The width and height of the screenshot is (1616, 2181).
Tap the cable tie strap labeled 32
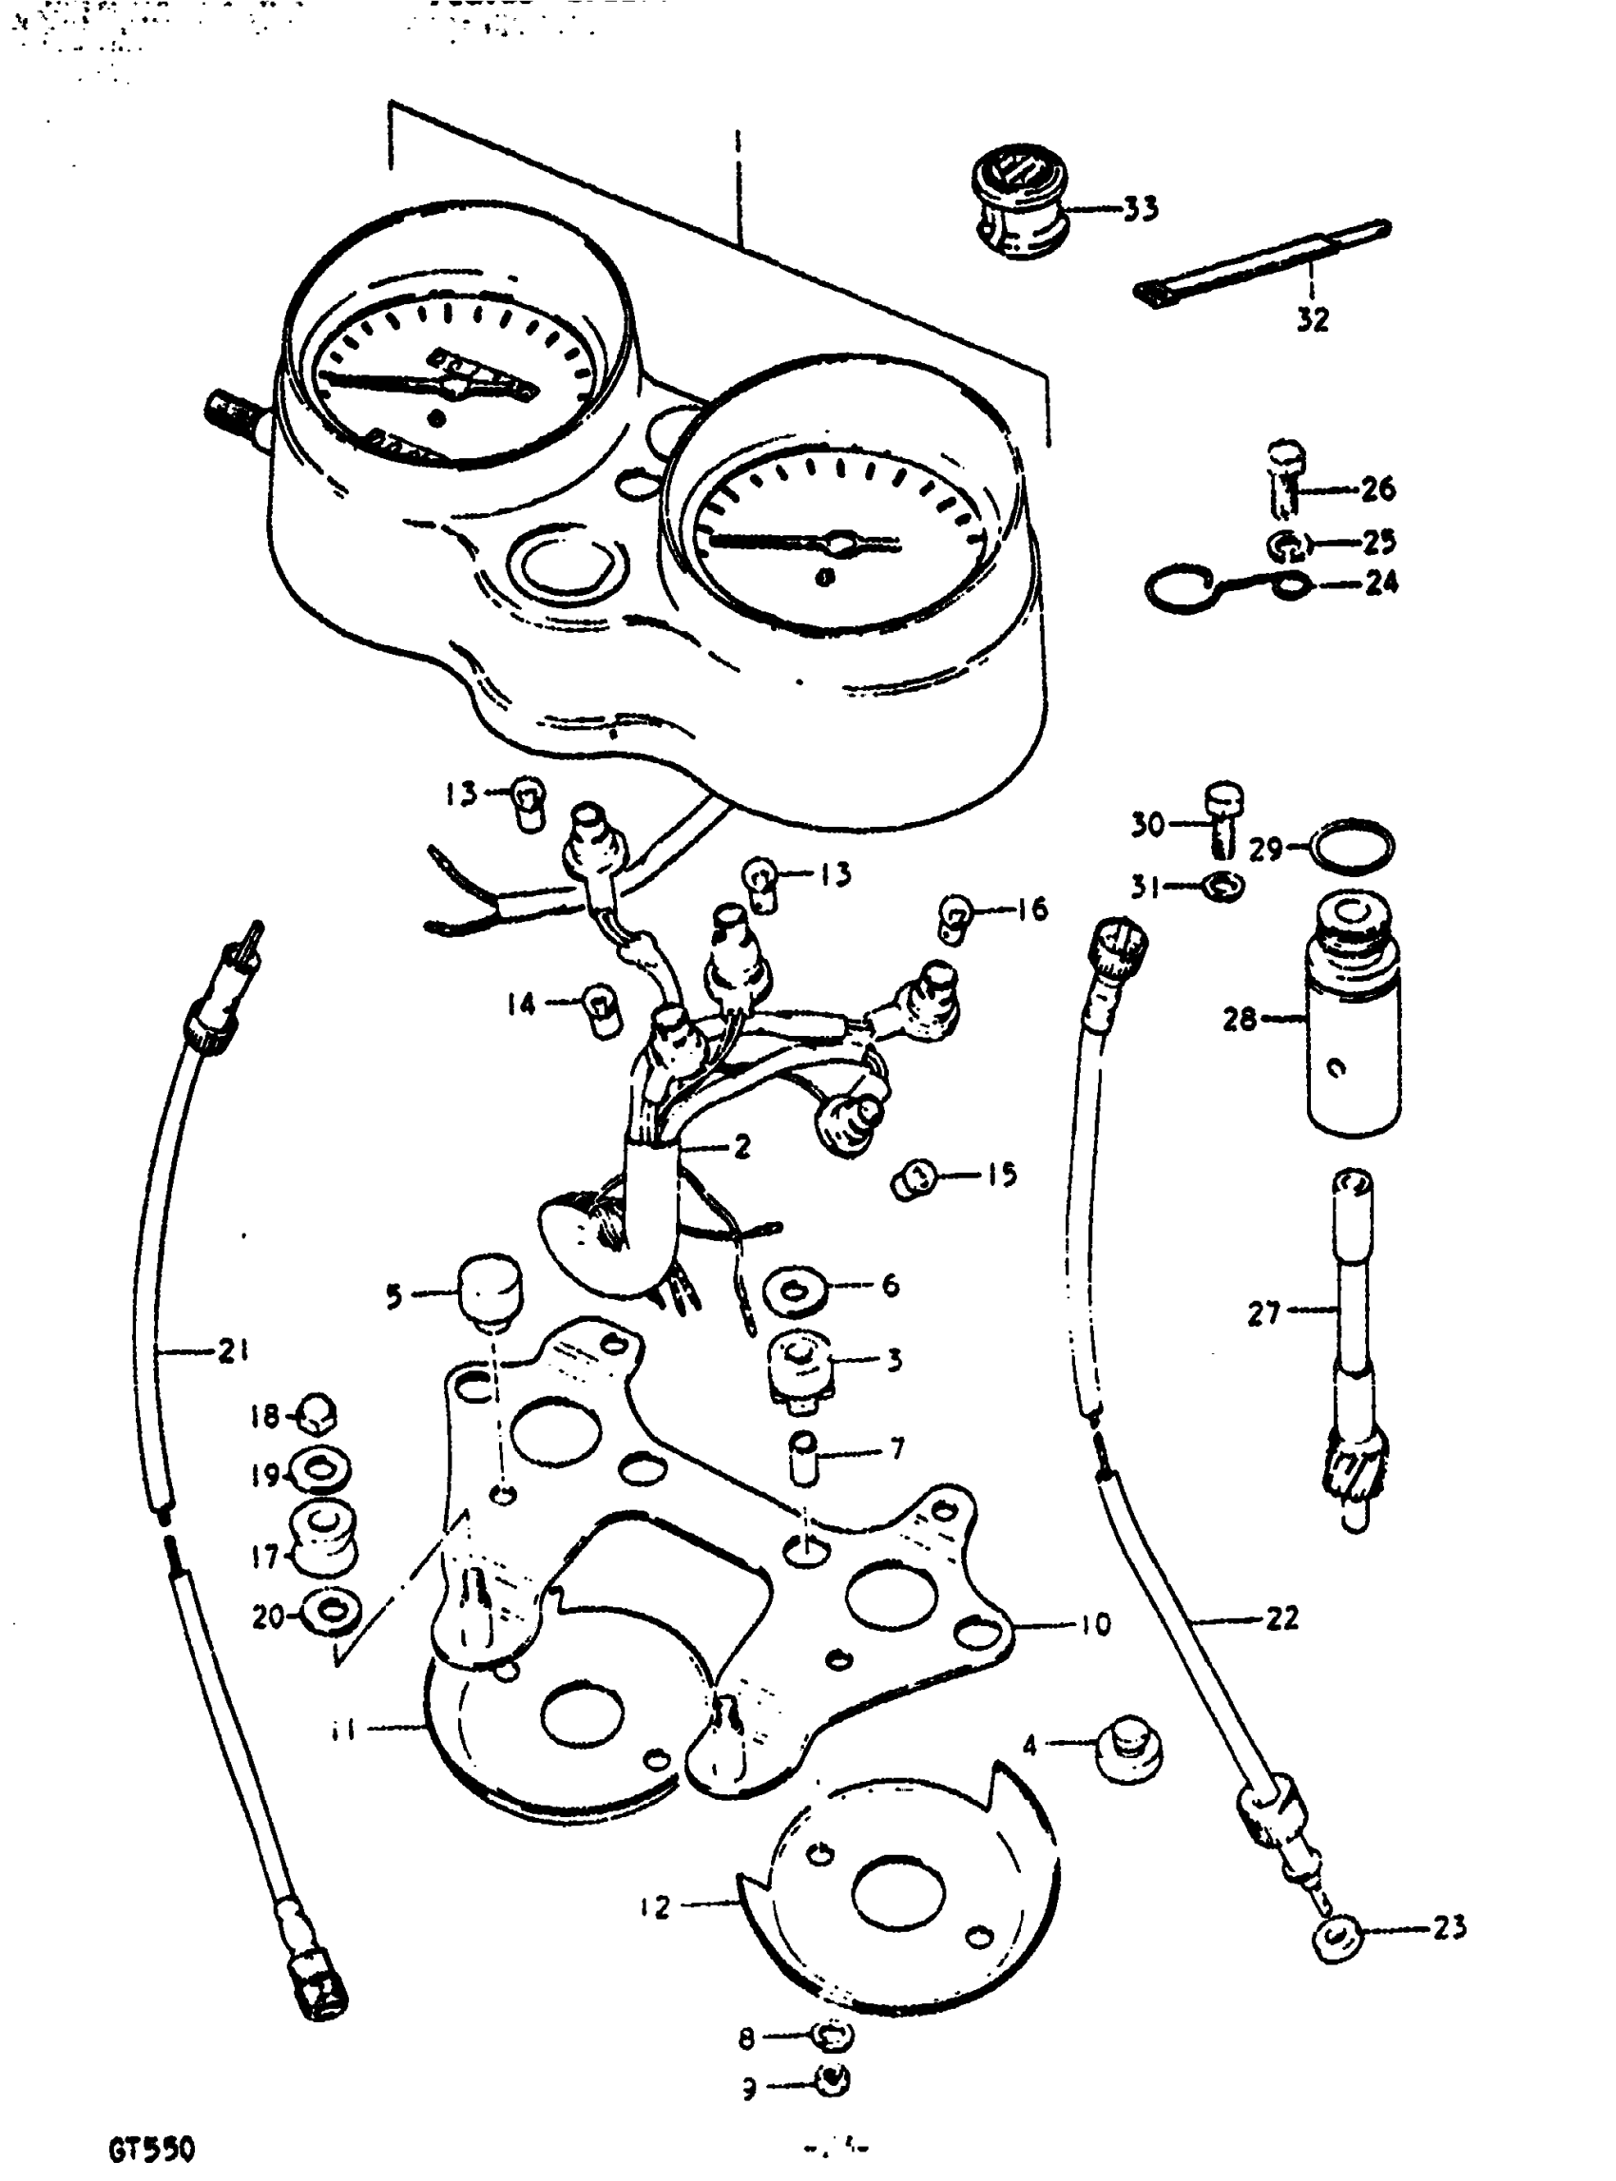click(x=1261, y=263)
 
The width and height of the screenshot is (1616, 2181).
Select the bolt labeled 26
click(x=1283, y=480)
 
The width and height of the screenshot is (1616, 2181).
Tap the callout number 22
click(x=1280, y=1618)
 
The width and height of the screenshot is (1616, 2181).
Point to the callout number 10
click(x=1096, y=1624)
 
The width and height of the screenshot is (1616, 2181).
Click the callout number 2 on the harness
click(x=741, y=1145)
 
